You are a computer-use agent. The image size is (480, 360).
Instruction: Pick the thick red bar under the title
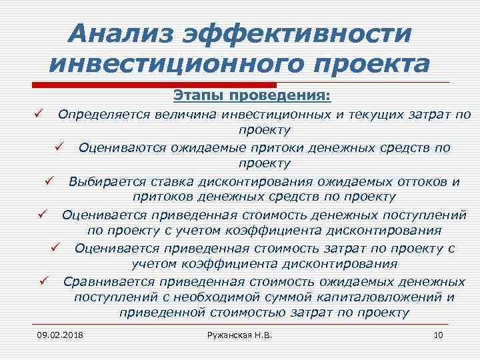(154, 84)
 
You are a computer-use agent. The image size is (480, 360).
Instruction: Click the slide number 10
(438, 333)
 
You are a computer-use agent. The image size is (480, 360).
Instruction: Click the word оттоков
(412, 181)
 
